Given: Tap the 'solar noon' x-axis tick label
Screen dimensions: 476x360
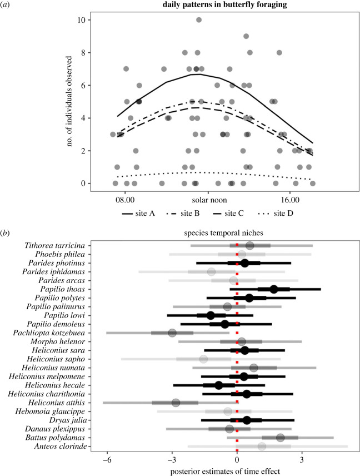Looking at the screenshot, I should tap(199, 198).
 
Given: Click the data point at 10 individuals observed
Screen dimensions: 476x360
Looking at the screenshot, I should tap(199, 20).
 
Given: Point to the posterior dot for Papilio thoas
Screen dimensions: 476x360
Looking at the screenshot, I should tap(274, 289).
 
